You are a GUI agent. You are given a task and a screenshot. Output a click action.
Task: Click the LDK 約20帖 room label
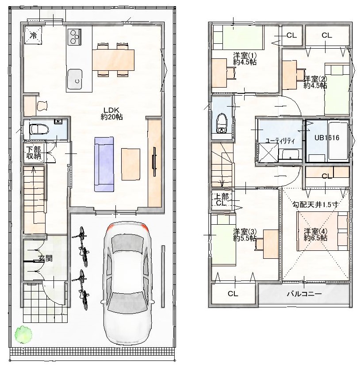tap(112, 114)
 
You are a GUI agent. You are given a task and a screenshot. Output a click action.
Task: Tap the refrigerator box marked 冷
tap(34, 35)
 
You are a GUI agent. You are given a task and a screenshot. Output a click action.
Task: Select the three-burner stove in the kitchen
tap(74, 37)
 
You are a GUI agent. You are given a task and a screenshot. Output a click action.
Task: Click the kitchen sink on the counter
tap(74, 79)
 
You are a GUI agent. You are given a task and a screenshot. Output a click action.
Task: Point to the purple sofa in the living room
tap(104, 164)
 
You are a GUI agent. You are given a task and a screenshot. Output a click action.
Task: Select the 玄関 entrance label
tap(46, 259)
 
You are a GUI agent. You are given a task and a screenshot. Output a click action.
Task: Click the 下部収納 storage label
tap(34, 153)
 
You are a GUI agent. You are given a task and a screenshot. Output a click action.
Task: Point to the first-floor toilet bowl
tap(39, 129)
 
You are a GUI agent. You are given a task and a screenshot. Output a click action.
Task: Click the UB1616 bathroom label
tap(327, 138)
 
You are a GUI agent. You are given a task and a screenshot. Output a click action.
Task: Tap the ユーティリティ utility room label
tap(280, 141)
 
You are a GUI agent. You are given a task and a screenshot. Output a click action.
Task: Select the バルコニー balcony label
tap(304, 294)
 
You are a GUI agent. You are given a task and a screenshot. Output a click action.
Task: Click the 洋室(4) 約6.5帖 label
tap(316, 235)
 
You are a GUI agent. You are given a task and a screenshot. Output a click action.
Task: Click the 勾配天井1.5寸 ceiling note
tap(315, 205)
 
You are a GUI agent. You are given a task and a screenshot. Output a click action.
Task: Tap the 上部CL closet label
tap(221, 199)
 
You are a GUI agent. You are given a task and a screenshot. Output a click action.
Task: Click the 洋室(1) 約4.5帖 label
tap(245, 59)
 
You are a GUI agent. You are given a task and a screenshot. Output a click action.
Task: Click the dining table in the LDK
tap(113, 60)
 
